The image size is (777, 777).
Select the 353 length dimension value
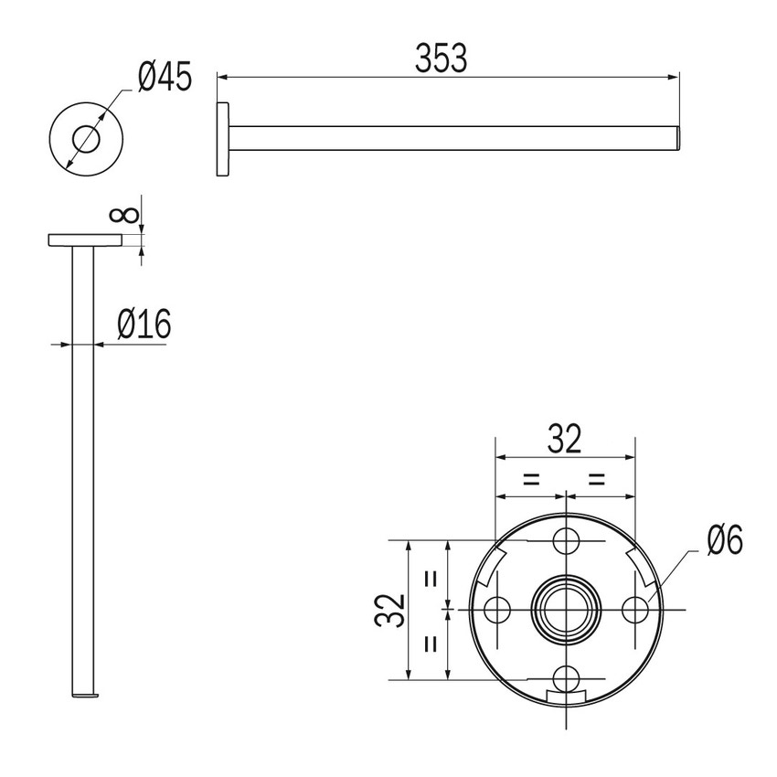(x=441, y=58)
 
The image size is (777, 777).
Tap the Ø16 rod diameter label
(x=144, y=325)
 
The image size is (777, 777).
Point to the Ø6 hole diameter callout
(x=725, y=541)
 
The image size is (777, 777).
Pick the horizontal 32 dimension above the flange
(x=564, y=440)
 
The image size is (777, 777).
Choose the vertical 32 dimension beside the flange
(x=388, y=610)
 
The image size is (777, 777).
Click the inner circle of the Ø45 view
(x=86, y=138)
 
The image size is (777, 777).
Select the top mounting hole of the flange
(x=567, y=540)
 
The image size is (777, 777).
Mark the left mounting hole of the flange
(x=498, y=609)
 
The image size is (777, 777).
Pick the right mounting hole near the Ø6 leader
(x=635, y=609)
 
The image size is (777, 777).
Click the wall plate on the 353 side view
(x=223, y=138)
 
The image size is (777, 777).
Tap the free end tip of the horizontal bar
(x=677, y=138)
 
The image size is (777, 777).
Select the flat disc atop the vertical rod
(x=86, y=239)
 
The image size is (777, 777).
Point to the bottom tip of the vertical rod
(x=82, y=695)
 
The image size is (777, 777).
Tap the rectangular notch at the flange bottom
(x=567, y=697)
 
